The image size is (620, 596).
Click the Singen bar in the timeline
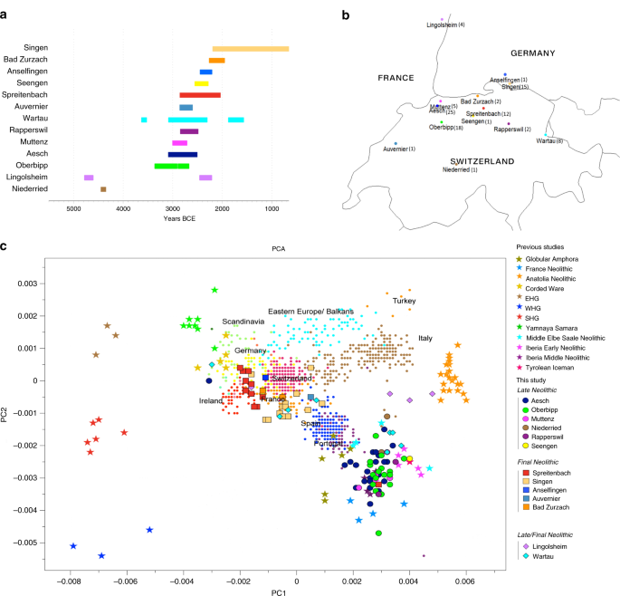250,49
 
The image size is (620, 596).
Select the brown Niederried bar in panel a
103,189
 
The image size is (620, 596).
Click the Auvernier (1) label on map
399,149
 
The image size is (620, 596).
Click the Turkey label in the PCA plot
404,301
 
